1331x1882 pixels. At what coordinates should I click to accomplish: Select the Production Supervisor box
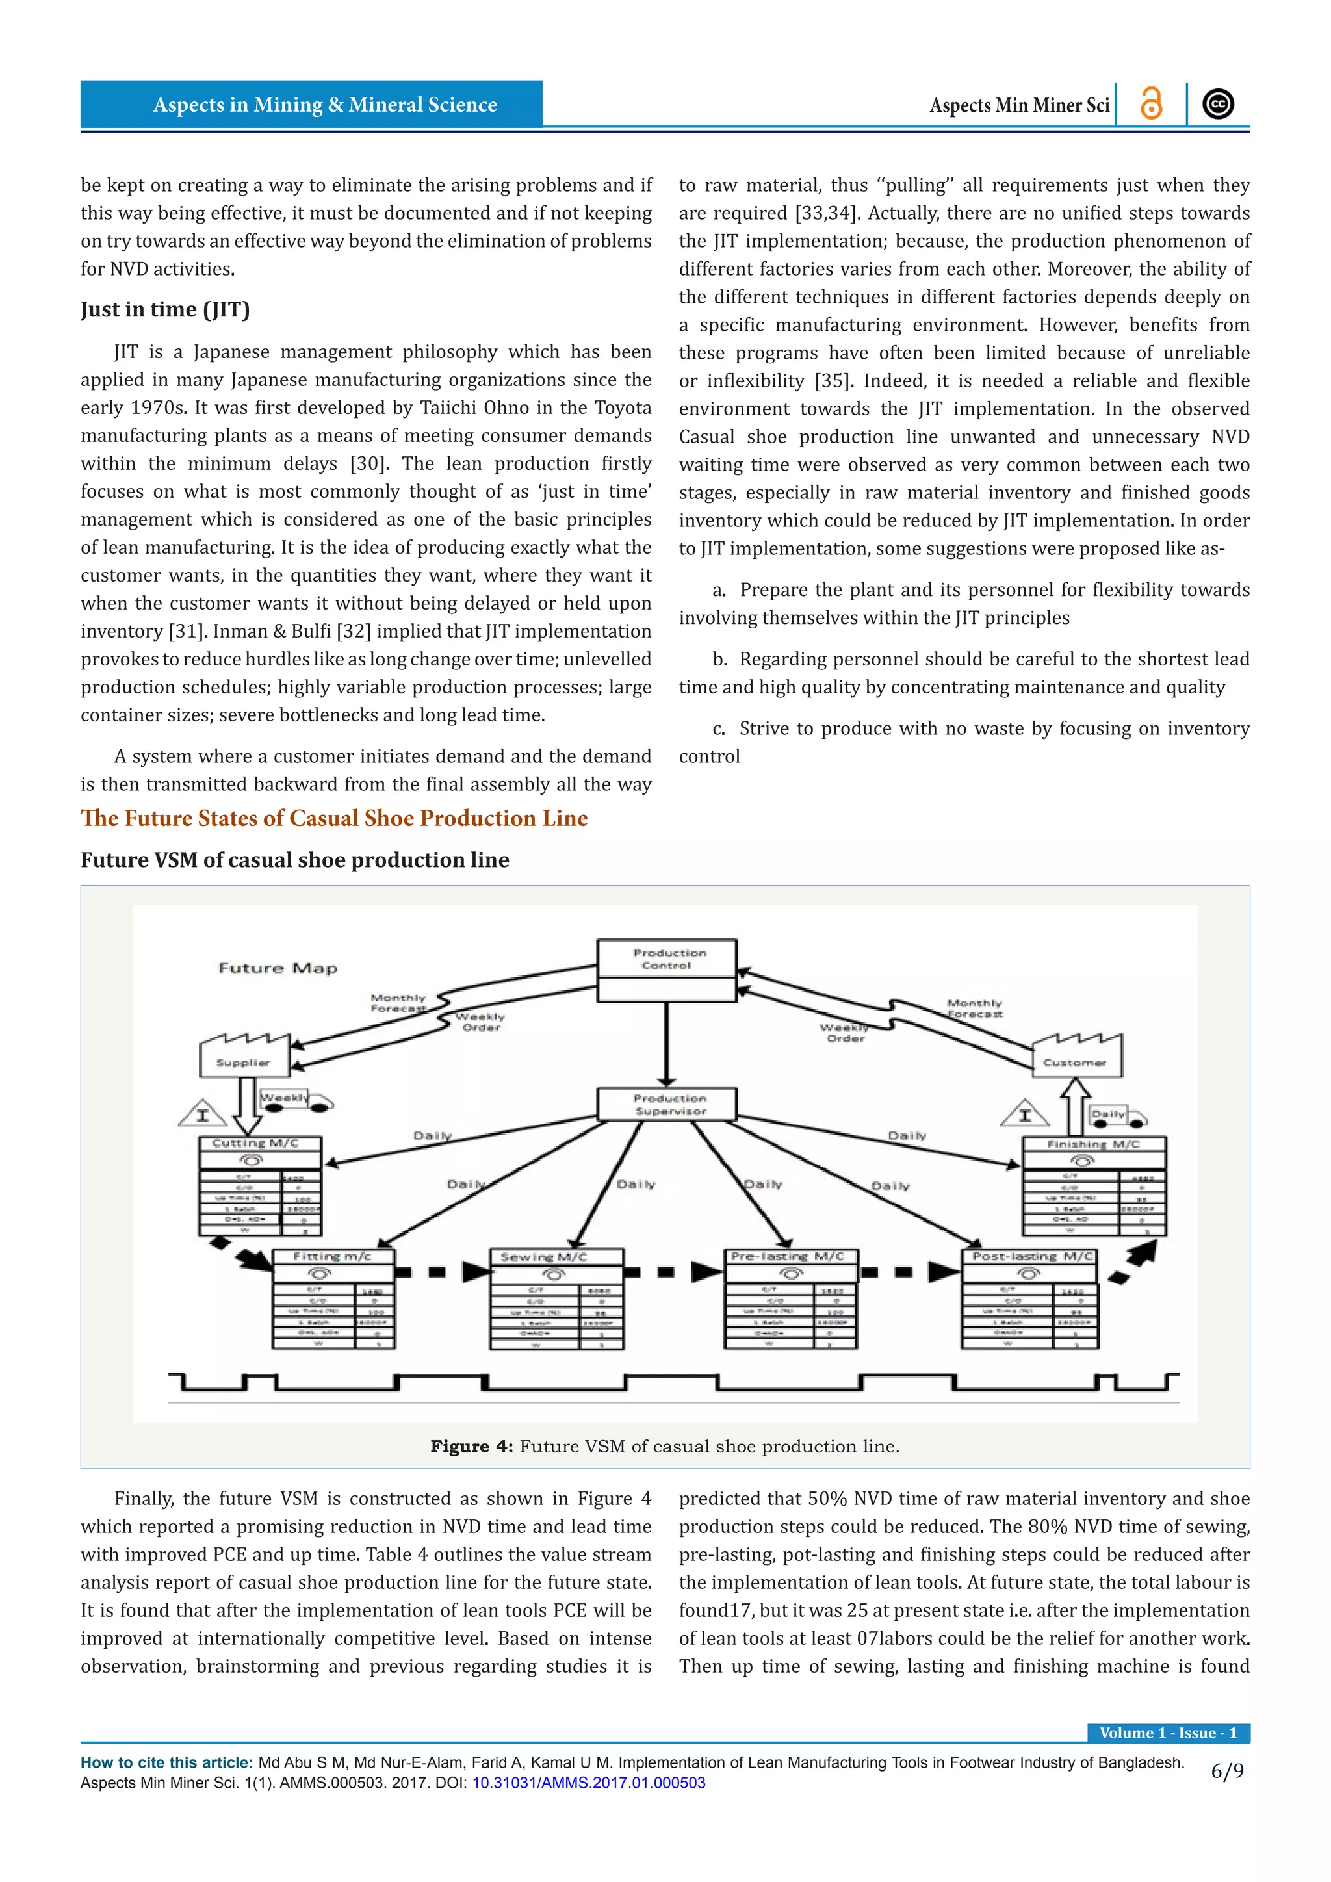click(x=667, y=1104)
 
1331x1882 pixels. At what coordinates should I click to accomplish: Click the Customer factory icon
click(x=1076, y=1057)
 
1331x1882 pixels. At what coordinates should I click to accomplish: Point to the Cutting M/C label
click(x=255, y=1142)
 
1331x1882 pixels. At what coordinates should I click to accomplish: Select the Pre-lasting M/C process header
click(x=787, y=1256)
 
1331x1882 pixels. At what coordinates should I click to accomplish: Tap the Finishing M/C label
click(x=1092, y=1144)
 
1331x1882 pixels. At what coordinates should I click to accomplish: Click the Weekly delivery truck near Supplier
click(x=295, y=1100)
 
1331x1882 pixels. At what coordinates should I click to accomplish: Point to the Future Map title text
click(x=278, y=968)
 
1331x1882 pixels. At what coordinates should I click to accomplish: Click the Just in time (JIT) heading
click(x=164, y=309)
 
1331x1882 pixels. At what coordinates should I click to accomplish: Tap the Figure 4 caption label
click(x=471, y=1447)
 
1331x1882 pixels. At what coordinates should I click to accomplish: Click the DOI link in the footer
click(x=588, y=1783)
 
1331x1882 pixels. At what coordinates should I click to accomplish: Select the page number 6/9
click(x=1227, y=1772)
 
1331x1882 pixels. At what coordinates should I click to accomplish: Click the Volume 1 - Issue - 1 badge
click(x=1167, y=1733)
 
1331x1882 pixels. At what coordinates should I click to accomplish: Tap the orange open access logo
click(x=1151, y=104)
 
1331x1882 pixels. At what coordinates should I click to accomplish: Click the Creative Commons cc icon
click(x=1218, y=104)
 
